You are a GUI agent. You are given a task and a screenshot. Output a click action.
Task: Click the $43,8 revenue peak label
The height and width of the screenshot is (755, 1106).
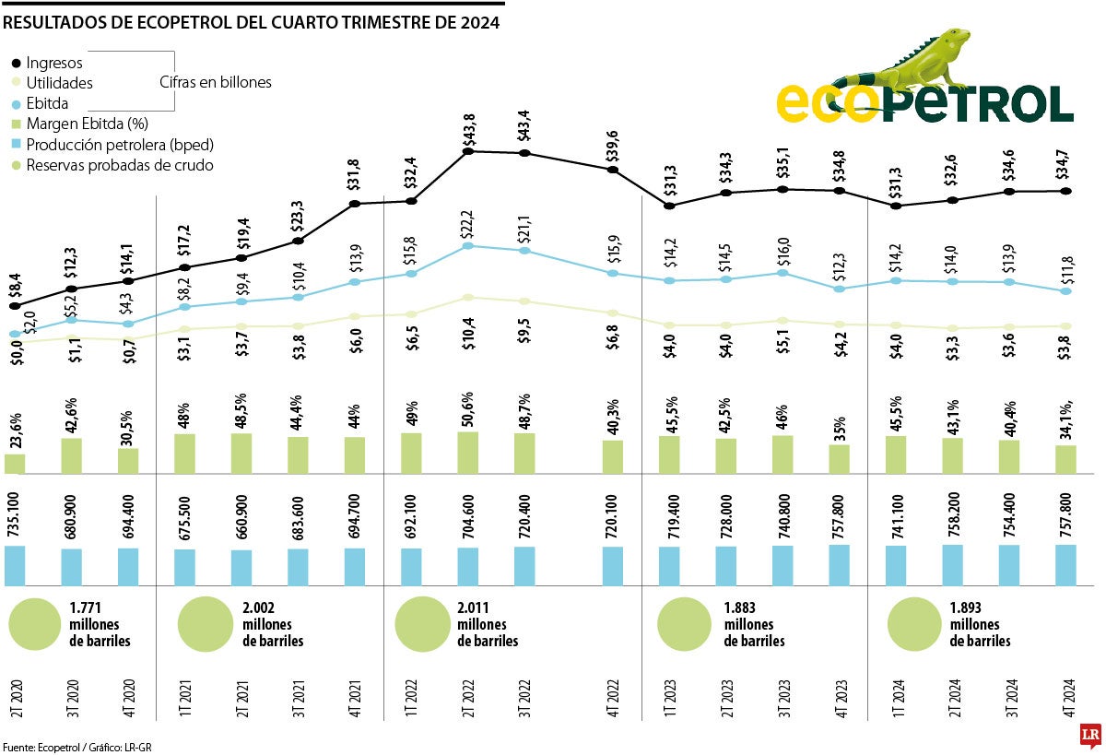pos(468,130)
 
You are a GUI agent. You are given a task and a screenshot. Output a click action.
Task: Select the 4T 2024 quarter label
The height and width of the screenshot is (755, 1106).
pos(1066,697)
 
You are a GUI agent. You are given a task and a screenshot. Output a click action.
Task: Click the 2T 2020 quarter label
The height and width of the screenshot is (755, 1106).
pos(16,697)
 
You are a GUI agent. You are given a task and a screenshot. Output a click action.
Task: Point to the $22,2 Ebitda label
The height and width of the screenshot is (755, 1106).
pos(468,225)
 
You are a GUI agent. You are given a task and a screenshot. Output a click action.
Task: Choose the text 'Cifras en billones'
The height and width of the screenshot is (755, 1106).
pos(216,82)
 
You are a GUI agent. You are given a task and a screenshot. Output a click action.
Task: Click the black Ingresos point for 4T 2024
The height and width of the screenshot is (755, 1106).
pos(1066,191)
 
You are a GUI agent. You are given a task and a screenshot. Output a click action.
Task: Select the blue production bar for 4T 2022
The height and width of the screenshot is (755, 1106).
pos(613,566)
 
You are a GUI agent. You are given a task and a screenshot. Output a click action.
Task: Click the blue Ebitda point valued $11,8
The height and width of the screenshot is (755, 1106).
pos(1066,291)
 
